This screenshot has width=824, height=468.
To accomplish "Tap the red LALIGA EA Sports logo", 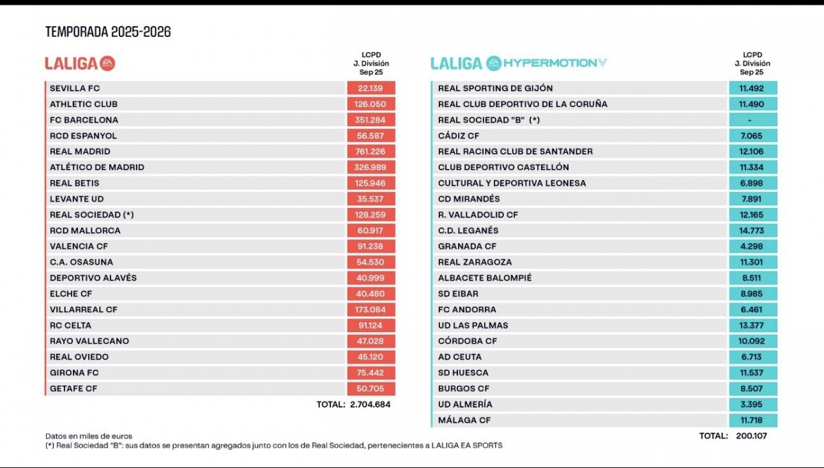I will [x=80, y=63].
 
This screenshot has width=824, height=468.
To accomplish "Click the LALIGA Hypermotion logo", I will [x=518, y=63].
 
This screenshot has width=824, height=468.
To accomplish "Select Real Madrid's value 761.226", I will [x=371, y=152].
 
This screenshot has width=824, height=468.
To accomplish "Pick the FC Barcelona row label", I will [x=84, y=120].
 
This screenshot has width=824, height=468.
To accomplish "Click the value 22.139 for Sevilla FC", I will [x=371, y=89].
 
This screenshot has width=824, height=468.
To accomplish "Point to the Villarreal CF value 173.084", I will [x=371, y=309].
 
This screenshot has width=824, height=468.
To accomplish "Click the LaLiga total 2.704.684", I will [x=369, y=404].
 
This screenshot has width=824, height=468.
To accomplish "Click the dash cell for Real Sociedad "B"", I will [x=753, y=120].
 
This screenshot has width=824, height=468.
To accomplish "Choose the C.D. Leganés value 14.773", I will [x=753, y=231].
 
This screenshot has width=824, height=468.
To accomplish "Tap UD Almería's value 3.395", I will [x=753, y=404].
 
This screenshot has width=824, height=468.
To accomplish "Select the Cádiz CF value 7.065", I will [x=753, y=136].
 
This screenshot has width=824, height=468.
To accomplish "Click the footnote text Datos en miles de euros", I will [x=89, y=436].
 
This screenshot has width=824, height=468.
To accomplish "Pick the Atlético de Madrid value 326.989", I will [x=371, y=167].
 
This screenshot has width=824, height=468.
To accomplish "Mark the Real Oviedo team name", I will [x=79, y=357].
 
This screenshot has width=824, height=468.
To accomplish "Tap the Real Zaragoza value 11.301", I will [x=753, y=262].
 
